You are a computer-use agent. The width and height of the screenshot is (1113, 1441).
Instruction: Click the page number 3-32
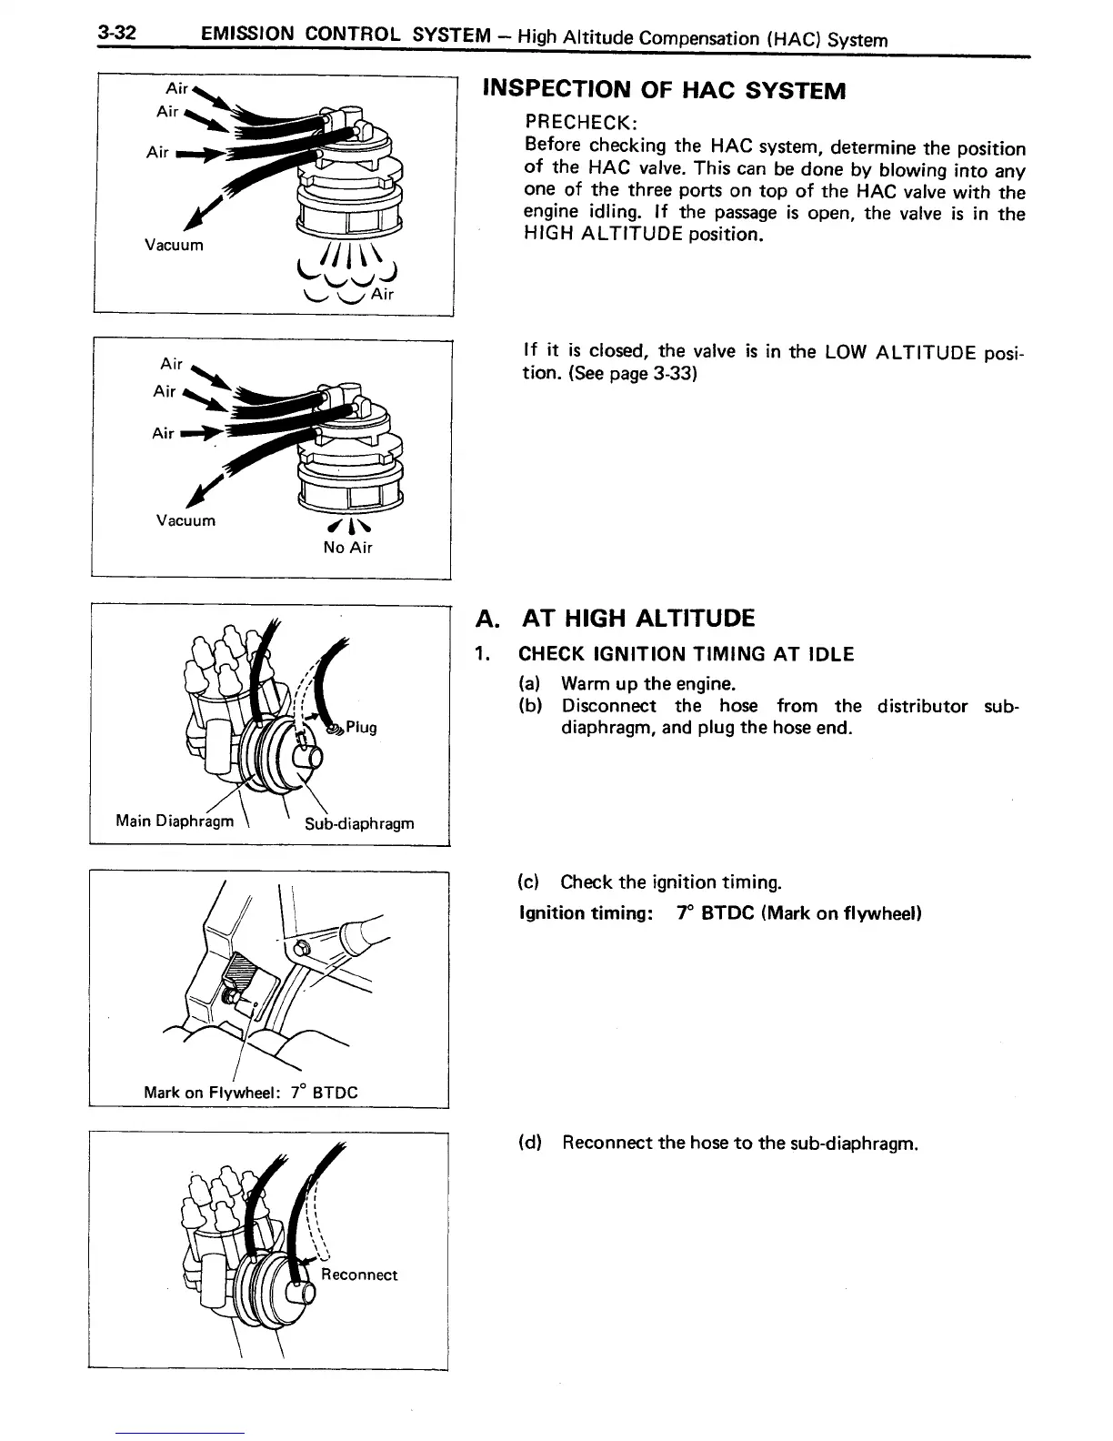click(118, 34)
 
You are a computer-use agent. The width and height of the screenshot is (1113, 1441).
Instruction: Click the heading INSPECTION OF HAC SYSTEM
click(665, 90)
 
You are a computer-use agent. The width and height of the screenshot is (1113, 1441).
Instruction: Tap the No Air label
click(347, 548)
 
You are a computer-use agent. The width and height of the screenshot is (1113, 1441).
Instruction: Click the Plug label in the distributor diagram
click(361, 728)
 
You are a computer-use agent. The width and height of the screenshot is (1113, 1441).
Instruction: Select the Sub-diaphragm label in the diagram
click(359, 823)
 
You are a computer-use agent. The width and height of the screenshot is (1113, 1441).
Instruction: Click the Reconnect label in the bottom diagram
click(359, 1275)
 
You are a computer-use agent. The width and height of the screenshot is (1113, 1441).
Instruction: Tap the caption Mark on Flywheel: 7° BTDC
click(251, 1093)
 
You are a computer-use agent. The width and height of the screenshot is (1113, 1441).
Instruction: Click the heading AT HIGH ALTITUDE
click(637, 620)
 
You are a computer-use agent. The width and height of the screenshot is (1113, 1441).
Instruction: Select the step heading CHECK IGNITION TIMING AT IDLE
click(686, 654)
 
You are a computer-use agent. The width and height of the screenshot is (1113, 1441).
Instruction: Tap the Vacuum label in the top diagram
click(174, 246)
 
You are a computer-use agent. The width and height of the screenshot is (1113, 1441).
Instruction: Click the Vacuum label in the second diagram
click(185, 521)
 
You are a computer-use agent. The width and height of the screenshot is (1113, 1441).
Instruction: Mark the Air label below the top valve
click(382, 294)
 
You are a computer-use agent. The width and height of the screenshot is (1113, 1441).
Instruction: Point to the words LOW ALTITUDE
click(900, 352)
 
